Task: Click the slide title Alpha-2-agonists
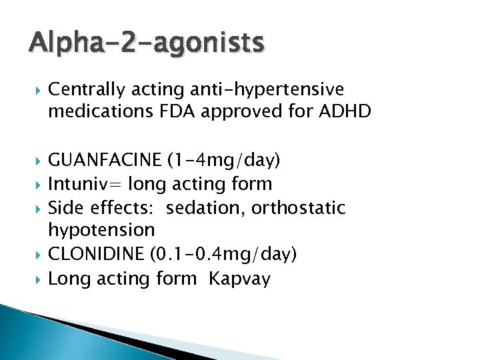[x=147, y=43]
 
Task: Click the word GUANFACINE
[x=105, y=160]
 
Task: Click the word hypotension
[x=101, y=231]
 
